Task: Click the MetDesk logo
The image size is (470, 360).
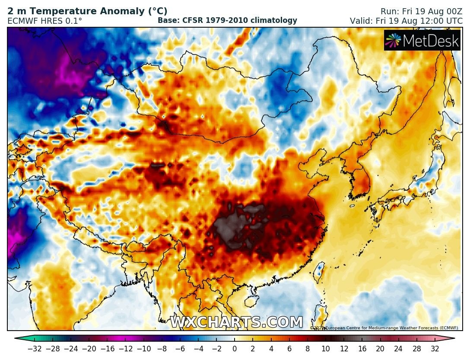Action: point(422,41)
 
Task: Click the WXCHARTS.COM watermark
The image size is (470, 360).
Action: point(236,322)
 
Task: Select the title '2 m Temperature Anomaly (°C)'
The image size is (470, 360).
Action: point(87,11)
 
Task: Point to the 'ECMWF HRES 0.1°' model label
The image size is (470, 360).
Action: point(45,21)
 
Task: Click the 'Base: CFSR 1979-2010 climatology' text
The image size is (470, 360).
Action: point(227,20)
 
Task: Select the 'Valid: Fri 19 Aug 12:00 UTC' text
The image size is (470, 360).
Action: point(406,21)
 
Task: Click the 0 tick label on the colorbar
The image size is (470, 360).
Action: point(235,349)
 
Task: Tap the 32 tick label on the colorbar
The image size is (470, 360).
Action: point(435,349)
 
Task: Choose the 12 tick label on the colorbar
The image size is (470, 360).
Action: point(344,349)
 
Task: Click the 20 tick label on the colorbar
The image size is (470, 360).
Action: point(380,349)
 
